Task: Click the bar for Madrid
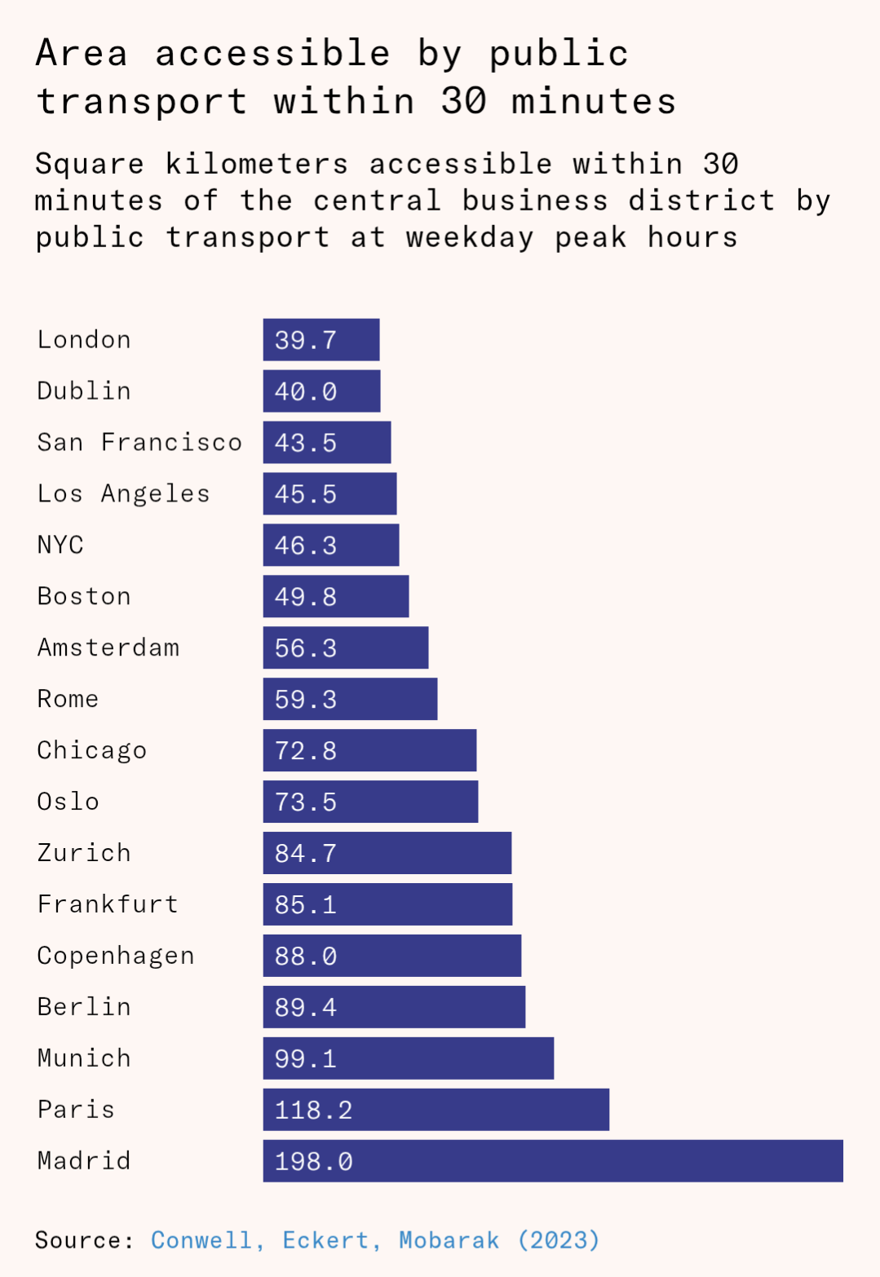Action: [x=552, y=1160]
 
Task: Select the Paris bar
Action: [x=436, y=1109]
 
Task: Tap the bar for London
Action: [x=321, y=339]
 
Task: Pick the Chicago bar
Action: [x=369, y=750]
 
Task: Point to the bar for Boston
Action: [x=335, y=596]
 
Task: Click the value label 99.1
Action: [x=305, y=1058]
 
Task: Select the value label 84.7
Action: [x=305, y=853]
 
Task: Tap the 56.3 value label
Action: [x=305, y=648]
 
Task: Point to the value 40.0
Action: [x=305, y=391]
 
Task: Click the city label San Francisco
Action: [x=139, y=442]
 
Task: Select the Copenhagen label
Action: [x=116, y=956]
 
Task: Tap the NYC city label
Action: [x=60, y=545]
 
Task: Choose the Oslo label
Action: [x=68, y=802]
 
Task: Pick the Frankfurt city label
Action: [x=108, y=904]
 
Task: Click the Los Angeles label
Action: [x=123, y=493]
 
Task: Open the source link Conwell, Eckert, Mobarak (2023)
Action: [x=375, y=1240]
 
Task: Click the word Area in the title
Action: [x=82, y=54]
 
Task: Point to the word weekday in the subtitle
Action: [x=470, y=237]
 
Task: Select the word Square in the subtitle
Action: [x=89, y=164]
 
